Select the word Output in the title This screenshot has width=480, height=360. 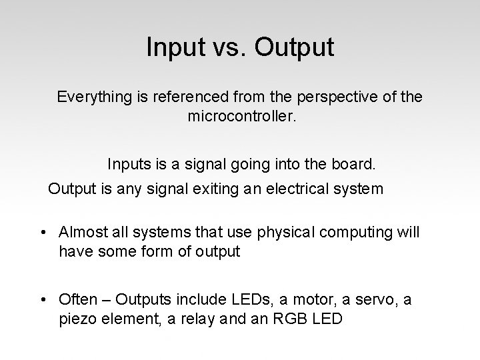point(294,47)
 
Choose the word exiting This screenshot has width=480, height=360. point(215,189)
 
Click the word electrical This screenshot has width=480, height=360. point(293,189)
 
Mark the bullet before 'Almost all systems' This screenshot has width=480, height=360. point(42,232)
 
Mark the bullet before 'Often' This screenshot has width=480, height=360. point(42,300)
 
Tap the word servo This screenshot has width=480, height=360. point(363,299)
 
